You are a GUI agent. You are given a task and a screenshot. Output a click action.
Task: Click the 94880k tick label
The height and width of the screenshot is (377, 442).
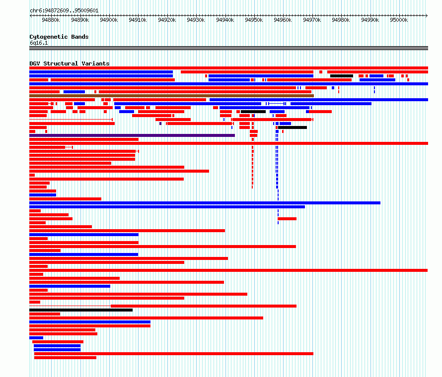[x=51, y=20]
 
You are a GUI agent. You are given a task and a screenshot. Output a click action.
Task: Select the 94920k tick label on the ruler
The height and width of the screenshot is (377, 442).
[x=167, y=20]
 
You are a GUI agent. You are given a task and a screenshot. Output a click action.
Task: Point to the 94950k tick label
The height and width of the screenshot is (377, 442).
[x=254, y=20]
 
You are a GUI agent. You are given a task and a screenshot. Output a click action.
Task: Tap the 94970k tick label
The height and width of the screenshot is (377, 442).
[x=312, y=20]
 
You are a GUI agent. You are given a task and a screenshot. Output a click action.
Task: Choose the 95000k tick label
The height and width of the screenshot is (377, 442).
[x=399, y=20]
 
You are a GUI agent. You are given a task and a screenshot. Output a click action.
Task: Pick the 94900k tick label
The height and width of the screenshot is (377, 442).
[x=109, y=20]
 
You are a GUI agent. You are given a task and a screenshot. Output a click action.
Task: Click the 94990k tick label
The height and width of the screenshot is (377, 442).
[x=370, y=20]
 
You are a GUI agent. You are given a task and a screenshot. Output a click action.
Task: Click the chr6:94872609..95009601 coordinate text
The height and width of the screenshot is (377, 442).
[x=64, y=11]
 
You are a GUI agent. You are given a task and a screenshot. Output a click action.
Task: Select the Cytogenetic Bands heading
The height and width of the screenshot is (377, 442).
[x=59, y=37]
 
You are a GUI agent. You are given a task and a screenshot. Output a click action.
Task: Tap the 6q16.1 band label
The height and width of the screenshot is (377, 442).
[x=39, y=43]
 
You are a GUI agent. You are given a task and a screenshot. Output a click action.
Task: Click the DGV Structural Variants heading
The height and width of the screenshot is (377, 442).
[x=70, y=63]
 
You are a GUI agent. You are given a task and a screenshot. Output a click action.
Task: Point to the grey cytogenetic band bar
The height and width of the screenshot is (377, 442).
[x=228, y=48]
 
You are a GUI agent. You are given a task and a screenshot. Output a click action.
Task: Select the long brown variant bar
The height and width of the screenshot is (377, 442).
[x=171, y=96]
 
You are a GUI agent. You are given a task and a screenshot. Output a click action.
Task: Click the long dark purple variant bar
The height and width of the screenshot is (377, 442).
[x=132, y=135]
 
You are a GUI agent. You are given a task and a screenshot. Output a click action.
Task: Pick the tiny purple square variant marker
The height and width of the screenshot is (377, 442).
[x=160, y=124]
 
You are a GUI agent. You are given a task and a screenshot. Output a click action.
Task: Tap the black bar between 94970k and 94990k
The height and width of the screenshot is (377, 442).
[x=342, y=76]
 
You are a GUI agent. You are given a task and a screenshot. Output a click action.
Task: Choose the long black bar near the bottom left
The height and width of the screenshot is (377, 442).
[x=81, y=310]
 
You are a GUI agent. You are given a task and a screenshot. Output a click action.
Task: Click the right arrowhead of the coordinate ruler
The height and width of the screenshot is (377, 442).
[x=427, y=16]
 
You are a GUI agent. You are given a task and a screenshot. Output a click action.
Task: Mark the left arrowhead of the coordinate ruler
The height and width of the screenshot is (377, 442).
[x=31, y=16]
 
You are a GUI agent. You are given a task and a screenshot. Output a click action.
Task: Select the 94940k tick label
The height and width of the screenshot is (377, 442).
[x=225, y=20]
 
